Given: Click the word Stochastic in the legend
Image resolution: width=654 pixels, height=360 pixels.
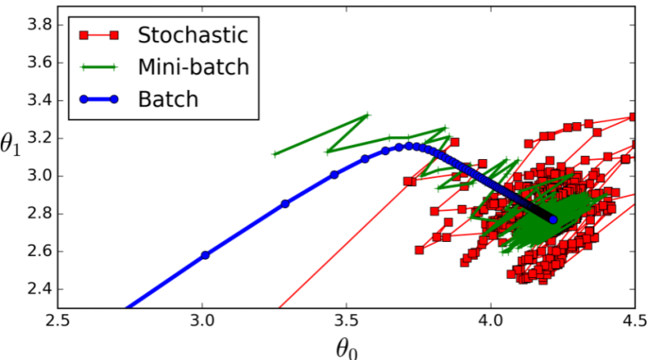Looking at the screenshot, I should (192, 35).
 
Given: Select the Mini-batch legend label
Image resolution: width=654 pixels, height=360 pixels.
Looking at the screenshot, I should (193, 67).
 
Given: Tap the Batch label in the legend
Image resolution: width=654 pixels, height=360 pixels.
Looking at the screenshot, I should (168, 99).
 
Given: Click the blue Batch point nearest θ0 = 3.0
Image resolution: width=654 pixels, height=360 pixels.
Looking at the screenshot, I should (206, 255).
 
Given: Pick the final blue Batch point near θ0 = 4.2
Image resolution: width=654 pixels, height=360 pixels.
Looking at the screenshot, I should (553, 220).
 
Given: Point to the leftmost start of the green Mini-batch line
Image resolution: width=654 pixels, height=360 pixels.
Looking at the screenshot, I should (274, 154).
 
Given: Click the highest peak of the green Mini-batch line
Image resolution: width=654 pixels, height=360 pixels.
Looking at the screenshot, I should (366, 116).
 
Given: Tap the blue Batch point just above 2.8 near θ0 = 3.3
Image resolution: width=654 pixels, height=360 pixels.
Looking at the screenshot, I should (285, 203).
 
